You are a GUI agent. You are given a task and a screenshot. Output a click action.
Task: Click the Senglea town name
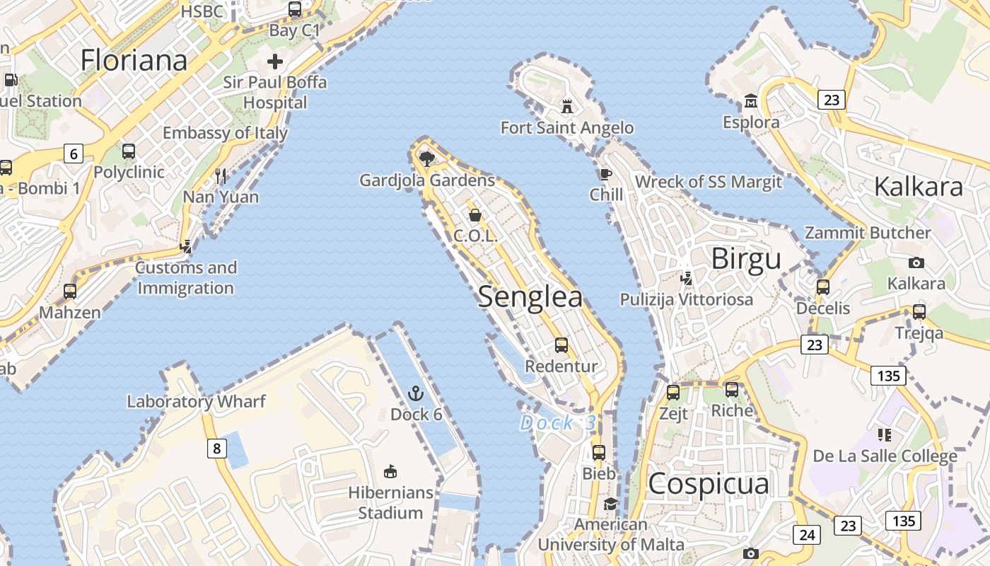click(530, 297)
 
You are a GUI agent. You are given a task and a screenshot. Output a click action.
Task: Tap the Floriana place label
click(134, 60)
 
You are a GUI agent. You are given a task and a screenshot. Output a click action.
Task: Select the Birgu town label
click(746, 259)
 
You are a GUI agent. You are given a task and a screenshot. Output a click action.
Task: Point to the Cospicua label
click(708, 484)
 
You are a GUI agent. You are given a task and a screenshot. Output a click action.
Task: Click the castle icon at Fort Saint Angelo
click(566, 107)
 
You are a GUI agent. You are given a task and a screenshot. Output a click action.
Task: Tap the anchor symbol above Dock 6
click(416, 393)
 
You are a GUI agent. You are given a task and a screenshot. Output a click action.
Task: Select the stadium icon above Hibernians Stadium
click(390, 471)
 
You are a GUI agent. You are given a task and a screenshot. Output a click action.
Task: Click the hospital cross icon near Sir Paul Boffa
click(275, 62)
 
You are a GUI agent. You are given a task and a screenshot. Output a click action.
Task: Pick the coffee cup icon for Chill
click(605, 174)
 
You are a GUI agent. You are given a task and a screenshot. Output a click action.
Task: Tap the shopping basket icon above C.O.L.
click(475, 215)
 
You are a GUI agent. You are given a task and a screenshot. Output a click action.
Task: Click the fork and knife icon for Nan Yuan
click(221, 175)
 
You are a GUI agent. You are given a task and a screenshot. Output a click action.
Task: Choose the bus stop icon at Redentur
click(561, 345)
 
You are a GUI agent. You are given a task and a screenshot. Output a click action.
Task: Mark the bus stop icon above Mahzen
click(70, 291)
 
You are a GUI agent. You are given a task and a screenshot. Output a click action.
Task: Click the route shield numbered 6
click(74, 154)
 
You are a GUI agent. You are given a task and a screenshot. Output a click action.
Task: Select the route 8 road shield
click(217, 448)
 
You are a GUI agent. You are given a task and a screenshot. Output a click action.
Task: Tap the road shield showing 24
click(807, 535)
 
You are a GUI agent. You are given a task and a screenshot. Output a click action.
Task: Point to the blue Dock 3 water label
click(557, 423)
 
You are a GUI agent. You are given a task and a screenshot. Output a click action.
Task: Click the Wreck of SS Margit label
click(709, 182)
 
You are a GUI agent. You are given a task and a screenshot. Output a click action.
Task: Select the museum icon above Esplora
click(751, 100)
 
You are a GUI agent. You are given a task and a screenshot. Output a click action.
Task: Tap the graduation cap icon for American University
click(610, 504)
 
